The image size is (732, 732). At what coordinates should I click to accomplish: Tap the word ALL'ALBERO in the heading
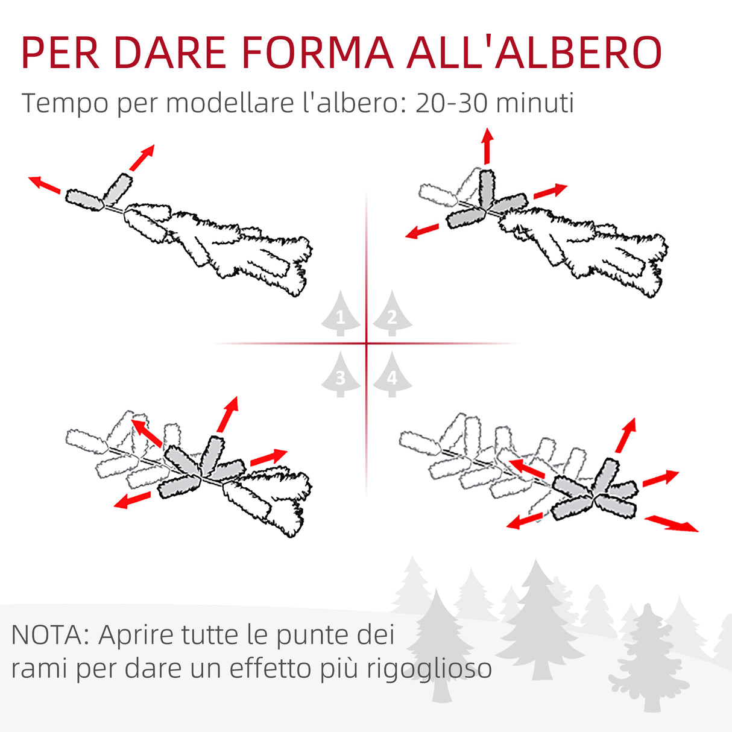534,53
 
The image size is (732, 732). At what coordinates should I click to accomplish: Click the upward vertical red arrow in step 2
487,145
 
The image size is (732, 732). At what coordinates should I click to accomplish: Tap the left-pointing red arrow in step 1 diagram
44,184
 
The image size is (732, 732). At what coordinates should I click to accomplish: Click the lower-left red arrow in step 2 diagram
422,231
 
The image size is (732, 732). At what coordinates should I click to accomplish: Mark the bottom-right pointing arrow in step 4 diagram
672,523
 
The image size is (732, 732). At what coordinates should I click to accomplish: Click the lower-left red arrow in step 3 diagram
132,500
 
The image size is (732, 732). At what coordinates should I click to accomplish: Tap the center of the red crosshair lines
366,344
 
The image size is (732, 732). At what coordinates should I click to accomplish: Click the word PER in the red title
60,53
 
